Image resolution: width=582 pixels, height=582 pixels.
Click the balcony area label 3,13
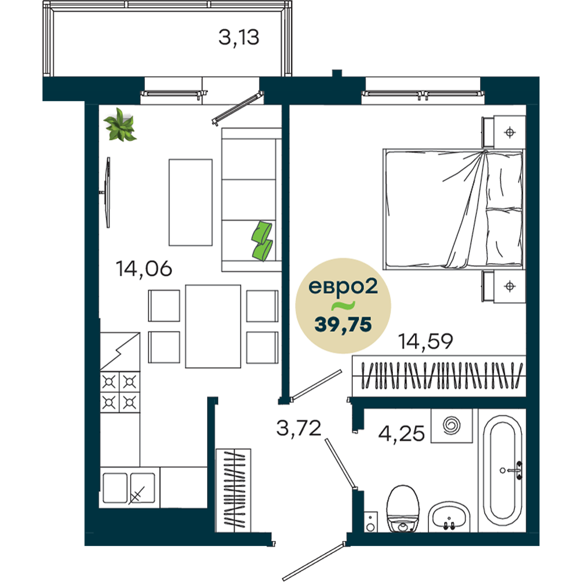tap(239, 38)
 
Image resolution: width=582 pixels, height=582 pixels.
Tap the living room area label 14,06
tap(144, 268)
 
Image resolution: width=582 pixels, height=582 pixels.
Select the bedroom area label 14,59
tap(425, 341)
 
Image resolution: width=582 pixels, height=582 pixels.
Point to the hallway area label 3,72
tap(299, 428)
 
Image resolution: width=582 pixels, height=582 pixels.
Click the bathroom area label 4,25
tap(401, 433)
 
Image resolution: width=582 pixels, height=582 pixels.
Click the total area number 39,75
tap(343, 325)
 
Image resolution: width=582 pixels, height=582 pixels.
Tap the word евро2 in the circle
tap(343, 287)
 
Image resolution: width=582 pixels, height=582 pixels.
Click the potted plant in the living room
tap(120, 125)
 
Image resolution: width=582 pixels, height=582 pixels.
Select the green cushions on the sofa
tap(262, 242)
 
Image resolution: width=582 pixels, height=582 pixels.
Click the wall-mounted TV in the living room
tap(107, 192)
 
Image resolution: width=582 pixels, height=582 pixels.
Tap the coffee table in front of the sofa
tap(190, 203)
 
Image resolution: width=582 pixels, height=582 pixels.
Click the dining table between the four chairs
tap(213, 327)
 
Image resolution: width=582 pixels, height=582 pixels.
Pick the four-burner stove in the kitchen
tap(120, 392)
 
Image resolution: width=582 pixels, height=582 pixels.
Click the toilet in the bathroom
tap(403, 509)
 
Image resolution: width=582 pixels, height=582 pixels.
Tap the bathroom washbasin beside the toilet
tap(449, 517)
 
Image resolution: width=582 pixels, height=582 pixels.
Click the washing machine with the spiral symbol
tap(452, 426)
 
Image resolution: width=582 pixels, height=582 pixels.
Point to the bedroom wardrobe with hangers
tap(439, 375)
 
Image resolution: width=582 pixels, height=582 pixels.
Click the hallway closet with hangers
tap(233, 490)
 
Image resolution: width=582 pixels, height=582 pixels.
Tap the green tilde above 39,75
tap(343, 306)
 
